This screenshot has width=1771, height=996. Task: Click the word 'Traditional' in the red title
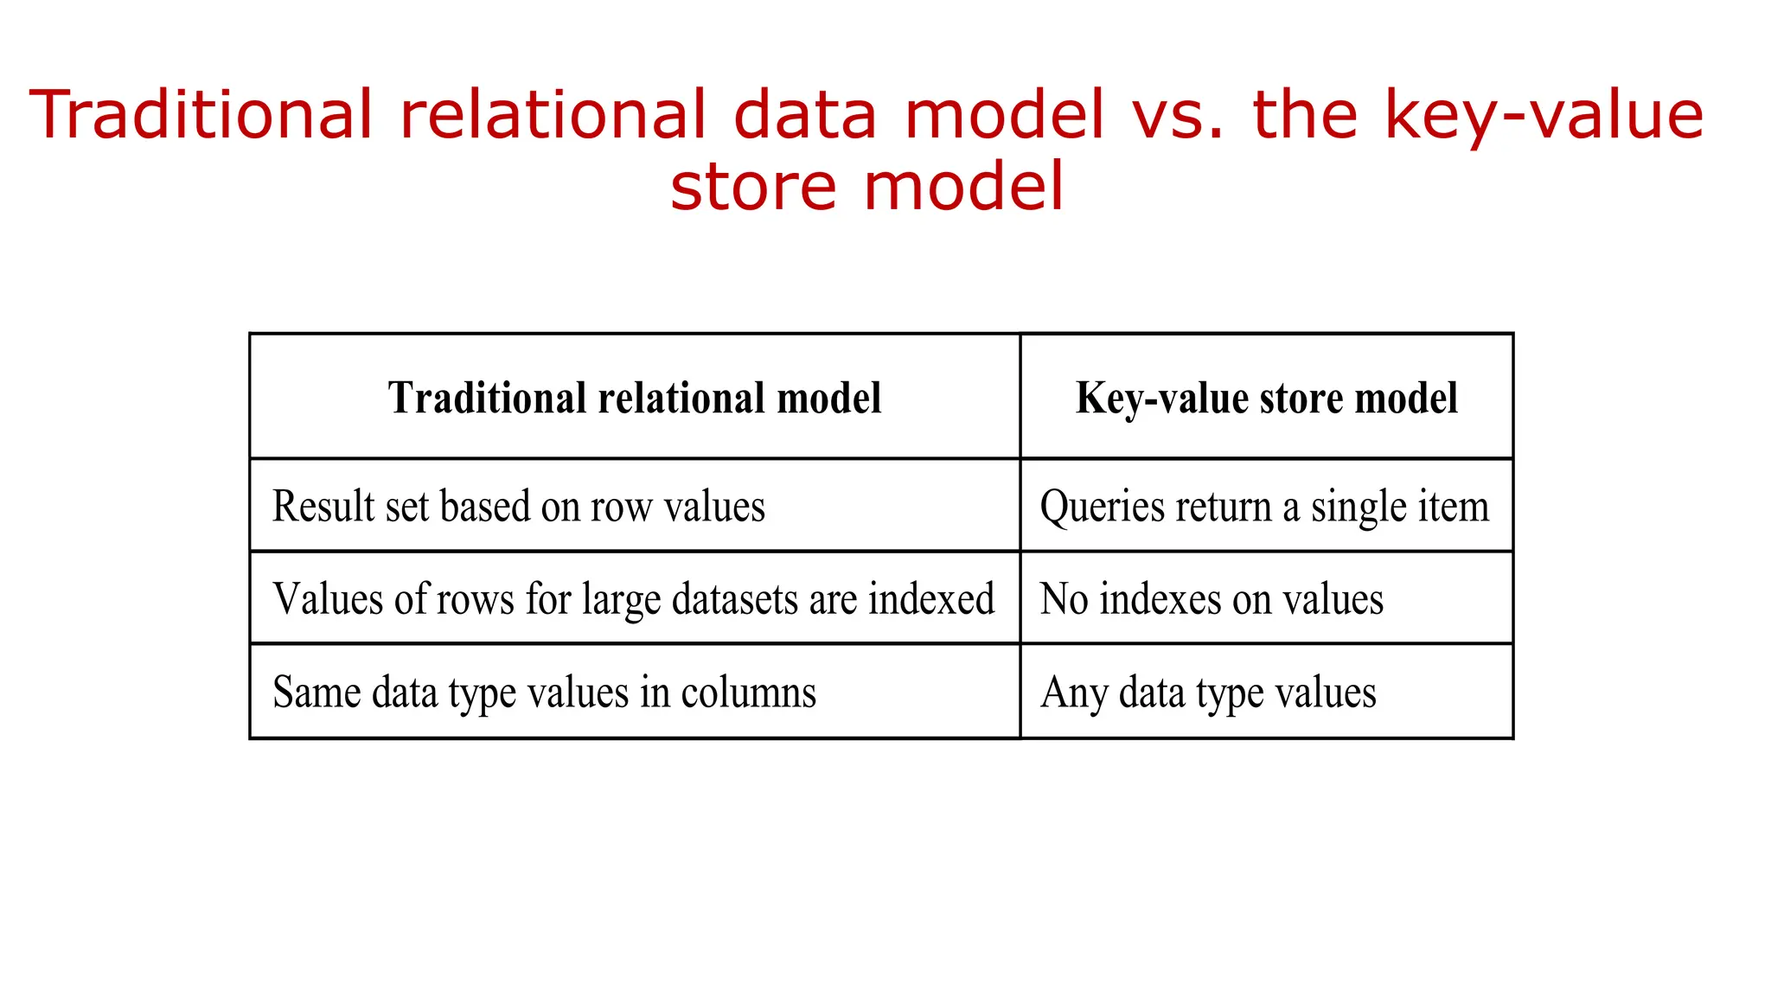click(201, 115)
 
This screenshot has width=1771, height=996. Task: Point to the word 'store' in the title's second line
click(752, 187)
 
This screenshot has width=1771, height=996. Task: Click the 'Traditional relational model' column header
click(635, 399)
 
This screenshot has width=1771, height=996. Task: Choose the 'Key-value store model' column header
click(1266, 399)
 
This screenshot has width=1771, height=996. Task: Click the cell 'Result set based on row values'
click(519, 507)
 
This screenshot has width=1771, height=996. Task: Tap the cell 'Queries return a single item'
click(1264, 507)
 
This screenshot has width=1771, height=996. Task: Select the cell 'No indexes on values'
click(1211, 599)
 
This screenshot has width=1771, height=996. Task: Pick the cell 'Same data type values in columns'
click(544, 693)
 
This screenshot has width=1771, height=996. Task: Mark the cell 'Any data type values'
click(1208, 693)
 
